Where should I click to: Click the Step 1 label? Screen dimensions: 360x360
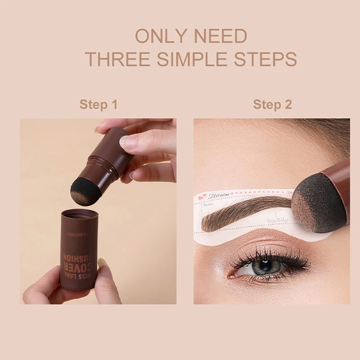click(99, 105)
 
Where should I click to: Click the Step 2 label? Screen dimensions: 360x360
click(272, 105)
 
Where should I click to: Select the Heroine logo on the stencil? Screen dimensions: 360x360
click(220, 195)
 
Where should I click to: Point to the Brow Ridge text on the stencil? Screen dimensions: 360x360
click(277, 220)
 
